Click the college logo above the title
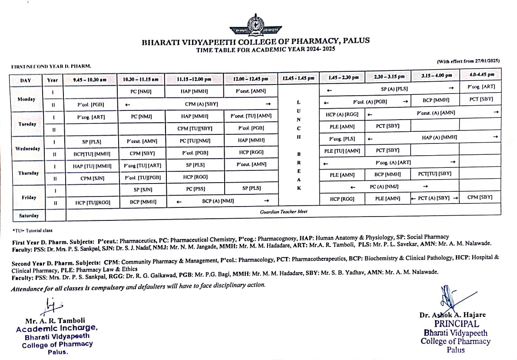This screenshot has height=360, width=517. (255, 25)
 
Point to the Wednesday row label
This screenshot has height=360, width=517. (28, 148)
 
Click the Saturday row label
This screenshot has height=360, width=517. (29, 216)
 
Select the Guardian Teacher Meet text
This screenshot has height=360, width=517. (284, 212)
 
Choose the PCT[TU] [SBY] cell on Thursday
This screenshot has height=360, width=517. (434, 173)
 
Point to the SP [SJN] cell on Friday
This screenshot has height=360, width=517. (143, 190)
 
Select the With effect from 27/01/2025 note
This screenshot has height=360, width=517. (468, 61)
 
